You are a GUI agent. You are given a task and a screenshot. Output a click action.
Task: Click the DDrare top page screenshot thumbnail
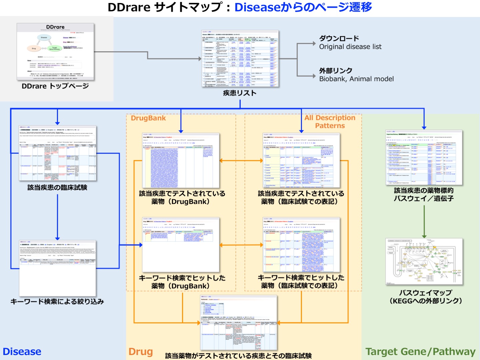point(55,52)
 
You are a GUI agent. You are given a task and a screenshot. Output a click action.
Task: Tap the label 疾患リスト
point(240,93)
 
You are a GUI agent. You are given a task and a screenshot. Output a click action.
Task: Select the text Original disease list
point(350,47)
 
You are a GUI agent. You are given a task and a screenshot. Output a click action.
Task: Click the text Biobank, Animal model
point(356,79)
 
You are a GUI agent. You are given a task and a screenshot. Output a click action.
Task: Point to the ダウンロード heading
point(339,38)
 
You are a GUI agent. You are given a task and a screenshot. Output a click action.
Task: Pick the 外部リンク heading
point(336,71)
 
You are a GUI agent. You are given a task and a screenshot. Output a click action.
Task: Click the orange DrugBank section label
point(148,118)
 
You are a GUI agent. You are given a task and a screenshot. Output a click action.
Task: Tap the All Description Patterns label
point(330,122)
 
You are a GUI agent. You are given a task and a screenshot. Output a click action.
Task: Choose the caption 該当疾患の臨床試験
point(57,188)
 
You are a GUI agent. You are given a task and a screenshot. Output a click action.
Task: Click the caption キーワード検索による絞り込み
point(57,302)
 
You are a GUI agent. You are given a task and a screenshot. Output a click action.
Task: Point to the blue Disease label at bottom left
point(22,352)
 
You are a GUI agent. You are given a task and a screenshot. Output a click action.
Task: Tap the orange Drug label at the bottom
point(141,352)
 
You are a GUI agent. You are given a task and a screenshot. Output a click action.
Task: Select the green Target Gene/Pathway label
point(420,352)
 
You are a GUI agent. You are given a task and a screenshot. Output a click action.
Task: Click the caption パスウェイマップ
point(426,293)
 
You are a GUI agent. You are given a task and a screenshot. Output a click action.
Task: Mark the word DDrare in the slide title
point(129,7)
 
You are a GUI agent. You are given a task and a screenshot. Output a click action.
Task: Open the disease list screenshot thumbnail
point(240,59)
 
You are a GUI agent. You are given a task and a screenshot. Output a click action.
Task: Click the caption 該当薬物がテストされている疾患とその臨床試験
point(238,356)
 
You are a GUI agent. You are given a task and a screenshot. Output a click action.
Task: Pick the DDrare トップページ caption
point(55,86)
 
